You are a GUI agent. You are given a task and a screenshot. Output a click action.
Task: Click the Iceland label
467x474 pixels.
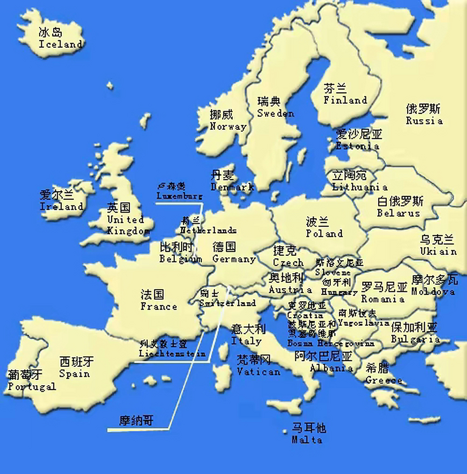click(60, 44)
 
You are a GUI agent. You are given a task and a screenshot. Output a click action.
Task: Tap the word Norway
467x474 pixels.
click(228, 126)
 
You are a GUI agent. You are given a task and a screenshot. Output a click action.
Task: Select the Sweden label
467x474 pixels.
click(275, 113)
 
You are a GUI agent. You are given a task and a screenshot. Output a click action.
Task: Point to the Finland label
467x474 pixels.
click(345, 100)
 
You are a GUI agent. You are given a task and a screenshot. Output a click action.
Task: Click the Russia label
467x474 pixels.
click(424, 121)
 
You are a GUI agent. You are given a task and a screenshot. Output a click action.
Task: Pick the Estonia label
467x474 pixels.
click(357, 146)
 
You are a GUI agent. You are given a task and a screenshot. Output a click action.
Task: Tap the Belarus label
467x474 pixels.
click(398, 213)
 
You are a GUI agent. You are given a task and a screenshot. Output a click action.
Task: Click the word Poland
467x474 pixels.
click(324, 233)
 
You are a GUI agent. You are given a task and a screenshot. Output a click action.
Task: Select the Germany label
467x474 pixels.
click(234, 259)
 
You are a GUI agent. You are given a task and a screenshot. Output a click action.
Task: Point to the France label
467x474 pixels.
click(159, 306)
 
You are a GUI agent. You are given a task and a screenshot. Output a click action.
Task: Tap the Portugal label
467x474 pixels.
click(32, 387)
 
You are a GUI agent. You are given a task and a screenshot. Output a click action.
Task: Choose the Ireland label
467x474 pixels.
click(61, 206)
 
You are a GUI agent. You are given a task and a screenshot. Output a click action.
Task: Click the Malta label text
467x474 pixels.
click(307, 440)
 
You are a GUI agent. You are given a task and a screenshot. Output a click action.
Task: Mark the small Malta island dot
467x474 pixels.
click(285, 431)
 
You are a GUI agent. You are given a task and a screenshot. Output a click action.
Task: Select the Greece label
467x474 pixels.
click(384, 380)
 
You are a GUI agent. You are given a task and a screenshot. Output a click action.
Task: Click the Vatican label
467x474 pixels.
click(258, 371)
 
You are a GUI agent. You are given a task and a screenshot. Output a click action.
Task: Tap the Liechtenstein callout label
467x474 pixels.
click(172, 353)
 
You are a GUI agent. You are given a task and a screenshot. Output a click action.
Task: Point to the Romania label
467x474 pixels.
click(382, 298)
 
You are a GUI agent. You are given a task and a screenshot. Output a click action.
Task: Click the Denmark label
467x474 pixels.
click(232, 187)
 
